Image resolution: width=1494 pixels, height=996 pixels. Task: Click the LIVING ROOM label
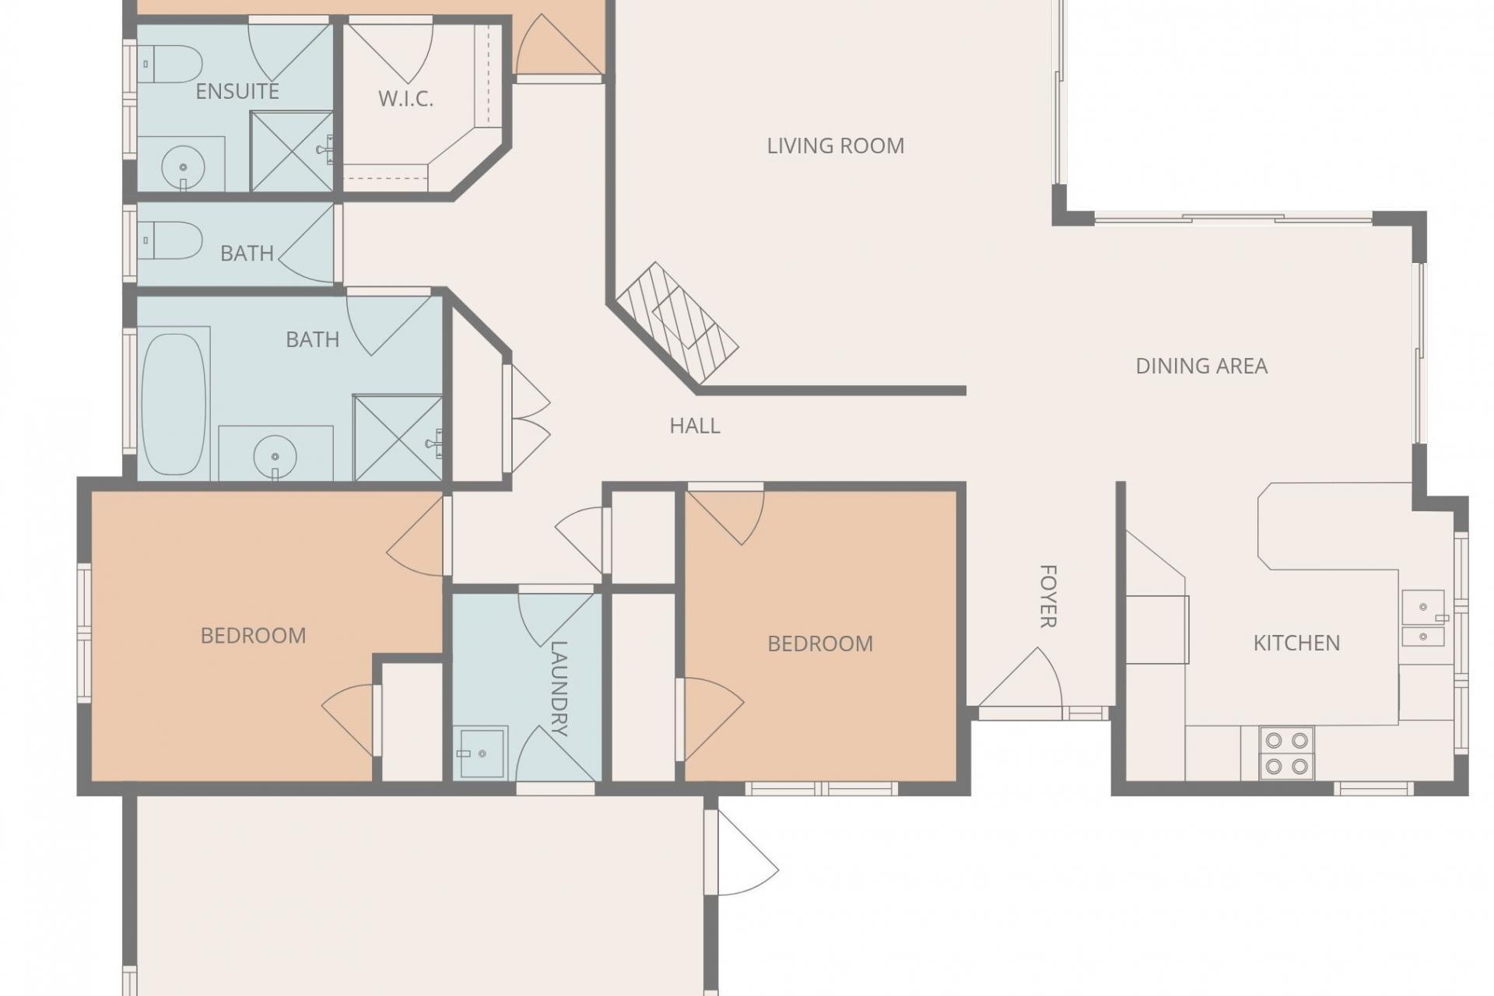[835, 146]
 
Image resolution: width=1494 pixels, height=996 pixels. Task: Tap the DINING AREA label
[1201, 366]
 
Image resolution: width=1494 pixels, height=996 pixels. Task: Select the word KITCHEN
[1296, 643]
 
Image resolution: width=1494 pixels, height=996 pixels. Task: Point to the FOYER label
[1048, 596]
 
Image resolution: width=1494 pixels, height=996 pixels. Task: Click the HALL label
[695, 426]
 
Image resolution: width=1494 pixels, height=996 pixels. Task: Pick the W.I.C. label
[405, 99]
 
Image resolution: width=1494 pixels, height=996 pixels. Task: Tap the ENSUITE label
[237, 91]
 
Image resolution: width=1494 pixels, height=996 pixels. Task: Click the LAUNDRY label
[559, 688]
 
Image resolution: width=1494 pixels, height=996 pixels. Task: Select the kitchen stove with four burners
[1287, 753]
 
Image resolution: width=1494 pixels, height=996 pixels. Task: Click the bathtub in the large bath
[174, 404]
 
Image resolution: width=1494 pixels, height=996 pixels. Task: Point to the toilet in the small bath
[170, 240]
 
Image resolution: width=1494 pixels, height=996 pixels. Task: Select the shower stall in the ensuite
[292, 151]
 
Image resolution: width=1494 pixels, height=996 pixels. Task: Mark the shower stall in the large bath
[398, 438]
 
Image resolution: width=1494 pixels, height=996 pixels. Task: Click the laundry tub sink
[482, 752]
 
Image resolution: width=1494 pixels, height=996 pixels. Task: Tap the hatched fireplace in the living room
[677, 322]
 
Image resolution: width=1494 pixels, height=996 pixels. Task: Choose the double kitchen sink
[1423, 618]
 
